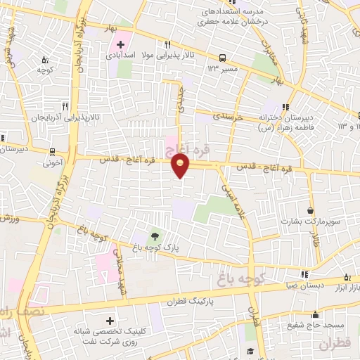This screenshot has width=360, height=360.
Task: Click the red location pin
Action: click(181, 165)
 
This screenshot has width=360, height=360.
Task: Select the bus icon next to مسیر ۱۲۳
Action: click(223, 58)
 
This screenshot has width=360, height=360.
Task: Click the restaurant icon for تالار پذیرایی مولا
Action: click(167, 42)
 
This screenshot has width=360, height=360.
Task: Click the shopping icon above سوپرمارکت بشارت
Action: click(310, 210)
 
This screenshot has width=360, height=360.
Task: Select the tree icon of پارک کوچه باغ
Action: click(153, 236)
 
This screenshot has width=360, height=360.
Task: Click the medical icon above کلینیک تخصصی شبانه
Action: click(108, 319)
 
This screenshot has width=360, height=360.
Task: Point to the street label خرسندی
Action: click(230, 116)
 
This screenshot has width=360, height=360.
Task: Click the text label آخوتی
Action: click(53, 162)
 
